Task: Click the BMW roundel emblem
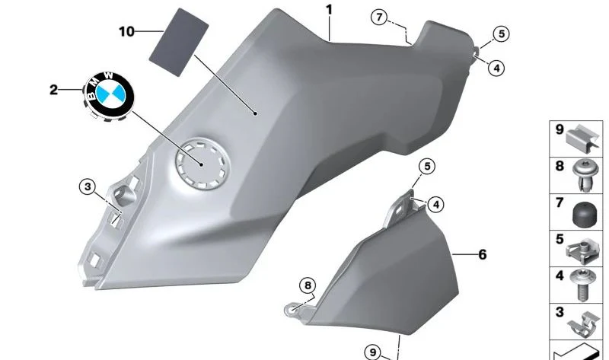click(x=109, y=95)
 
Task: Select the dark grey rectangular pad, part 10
click(x=179, y=42)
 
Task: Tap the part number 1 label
click(x=330, y=10)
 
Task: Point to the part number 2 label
click(x=53, y=90)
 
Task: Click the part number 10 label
click(x=126, y=31)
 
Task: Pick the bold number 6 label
click(x=483, y=255)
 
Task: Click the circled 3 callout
click(x=88, y=186)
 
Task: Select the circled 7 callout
click(x=379, y=17)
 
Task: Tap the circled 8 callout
click(x=308, y=286)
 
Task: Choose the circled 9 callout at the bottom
click(x=373, y=352)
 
